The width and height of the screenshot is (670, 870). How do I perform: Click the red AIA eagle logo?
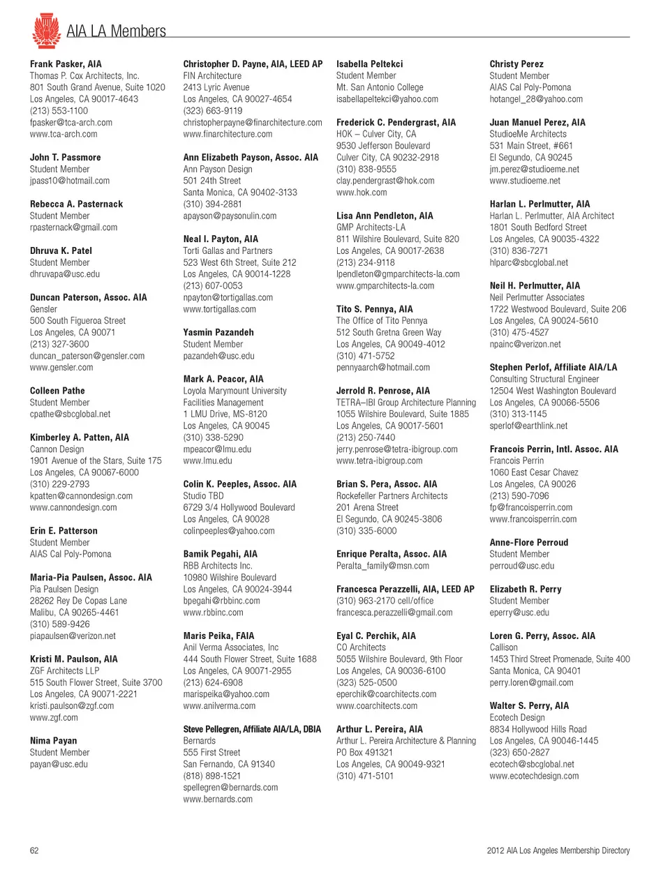click(46, 30)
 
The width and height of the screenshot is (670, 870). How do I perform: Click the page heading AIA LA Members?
click(116, 31)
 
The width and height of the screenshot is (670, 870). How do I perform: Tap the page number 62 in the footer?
click(34, 850)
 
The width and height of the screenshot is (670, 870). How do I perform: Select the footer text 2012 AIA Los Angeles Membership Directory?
click(558, 850)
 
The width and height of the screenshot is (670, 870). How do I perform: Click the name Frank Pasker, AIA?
click(66, 64)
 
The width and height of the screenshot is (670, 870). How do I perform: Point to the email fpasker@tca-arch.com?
click(70, 123)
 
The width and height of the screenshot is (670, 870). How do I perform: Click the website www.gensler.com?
click(61, 368)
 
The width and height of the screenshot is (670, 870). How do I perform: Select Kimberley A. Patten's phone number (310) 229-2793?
click(59, 484)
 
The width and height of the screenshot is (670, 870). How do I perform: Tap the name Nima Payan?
click(53, 741)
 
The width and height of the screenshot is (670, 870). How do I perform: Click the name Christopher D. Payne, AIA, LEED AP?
click(253, 64)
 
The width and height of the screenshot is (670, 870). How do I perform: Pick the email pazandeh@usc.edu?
click(218, 356)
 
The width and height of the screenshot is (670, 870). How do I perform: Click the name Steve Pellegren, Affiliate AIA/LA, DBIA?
click(252, 729)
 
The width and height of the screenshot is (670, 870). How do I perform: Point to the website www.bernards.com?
click(218, 800)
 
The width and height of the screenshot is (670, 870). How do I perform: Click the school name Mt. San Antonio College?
click(380, 87)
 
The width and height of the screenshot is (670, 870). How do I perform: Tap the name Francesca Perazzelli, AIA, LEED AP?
click(405, 590)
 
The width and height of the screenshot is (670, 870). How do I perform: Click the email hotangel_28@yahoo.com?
click(536, 99)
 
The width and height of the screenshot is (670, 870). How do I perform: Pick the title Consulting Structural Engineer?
click(544, 380)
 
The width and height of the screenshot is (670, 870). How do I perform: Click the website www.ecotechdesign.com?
click(534, 776)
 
